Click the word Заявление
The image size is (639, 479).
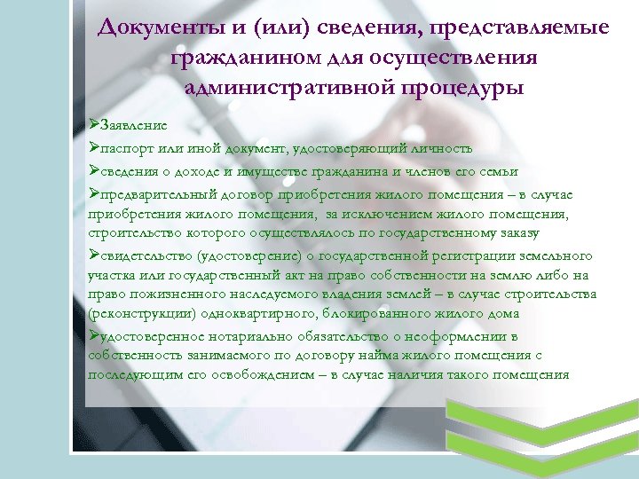click(x=132, y=126)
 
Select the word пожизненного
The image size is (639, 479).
click(x=162, y=294)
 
